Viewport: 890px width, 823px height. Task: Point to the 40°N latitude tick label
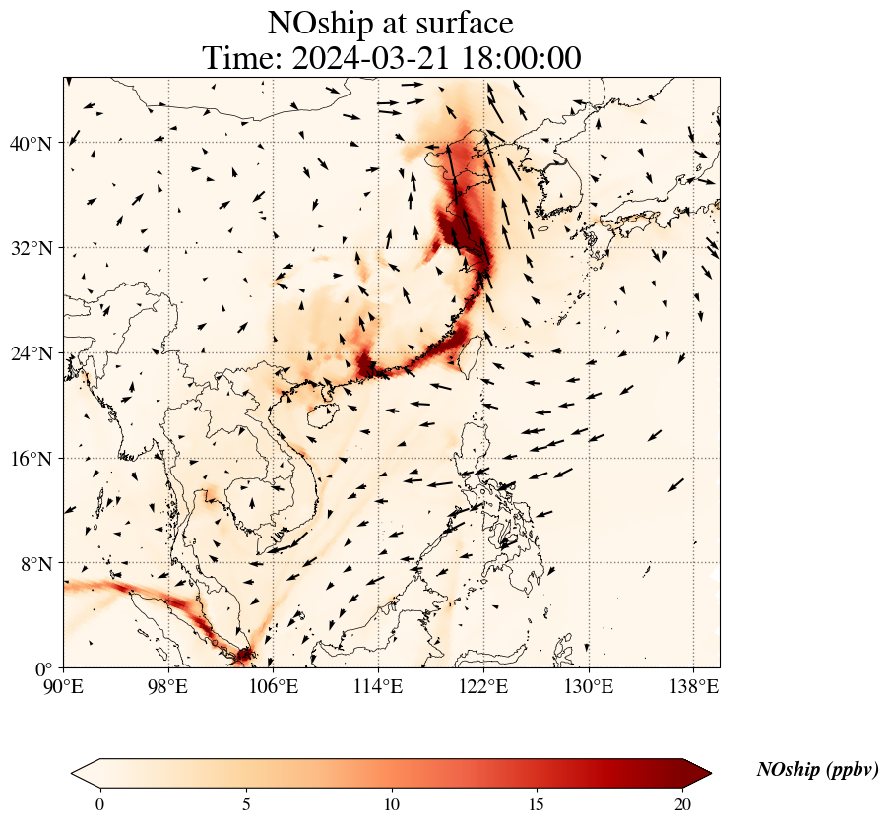(x=31, y=144)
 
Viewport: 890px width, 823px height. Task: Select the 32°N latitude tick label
(x=31, y=248)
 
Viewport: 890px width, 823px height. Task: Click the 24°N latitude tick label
(x=31, y=353)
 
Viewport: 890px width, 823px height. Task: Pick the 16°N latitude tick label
(x=31, y=459)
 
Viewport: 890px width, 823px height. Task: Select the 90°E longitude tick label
(x=64, y=686)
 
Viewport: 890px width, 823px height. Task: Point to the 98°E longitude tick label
(x=168, y=686)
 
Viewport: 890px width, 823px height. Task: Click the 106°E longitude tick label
(x=274, y=686)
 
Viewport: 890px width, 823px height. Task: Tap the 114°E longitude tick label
(x=378, y=686)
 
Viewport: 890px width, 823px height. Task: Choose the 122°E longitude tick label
(x=483, y=686)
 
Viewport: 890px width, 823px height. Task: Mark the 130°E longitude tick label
(x=588, y=686)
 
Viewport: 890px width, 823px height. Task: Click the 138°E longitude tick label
(x=693, y=686)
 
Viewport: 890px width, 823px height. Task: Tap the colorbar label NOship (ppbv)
(x=817, y=770)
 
